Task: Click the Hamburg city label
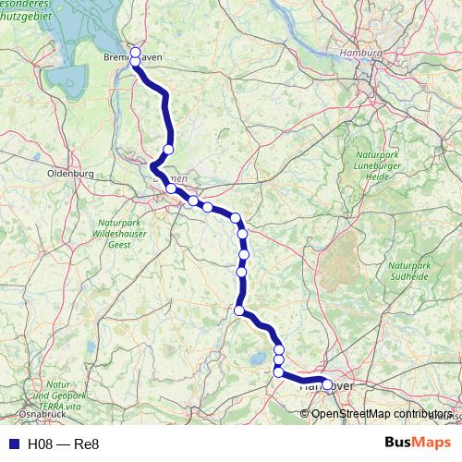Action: point(360,54)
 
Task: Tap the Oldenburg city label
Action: point(70,173)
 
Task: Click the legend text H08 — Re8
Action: point(63,444)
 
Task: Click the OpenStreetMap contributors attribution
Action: point(382,414)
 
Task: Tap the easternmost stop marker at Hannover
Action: point(327,384)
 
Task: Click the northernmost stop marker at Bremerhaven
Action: point(135,52)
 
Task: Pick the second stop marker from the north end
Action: point(135,62)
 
